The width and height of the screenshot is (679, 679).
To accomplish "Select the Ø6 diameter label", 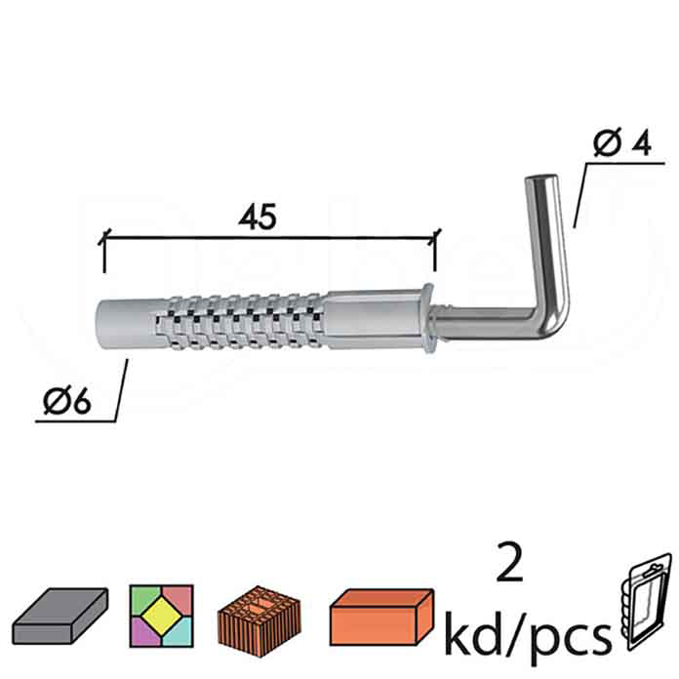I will [66, 402].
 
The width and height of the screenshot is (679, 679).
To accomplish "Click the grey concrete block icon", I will [62, 615].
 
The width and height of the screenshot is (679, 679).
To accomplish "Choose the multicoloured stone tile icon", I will [161, 615].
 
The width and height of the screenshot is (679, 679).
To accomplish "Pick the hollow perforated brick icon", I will [256, 615].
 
